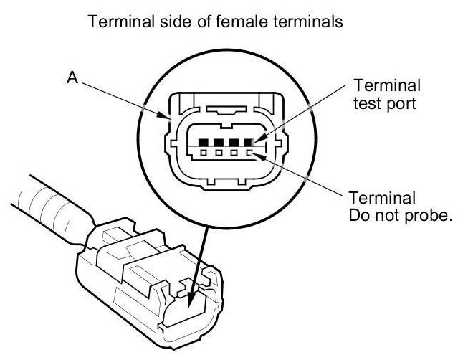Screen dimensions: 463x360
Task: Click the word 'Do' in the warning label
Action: (x=359, y=214)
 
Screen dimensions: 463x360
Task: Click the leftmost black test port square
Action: (x=204, y=142)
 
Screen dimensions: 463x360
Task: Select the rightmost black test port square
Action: (x=249, y=142)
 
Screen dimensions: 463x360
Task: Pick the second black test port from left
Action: (x=219, y=142)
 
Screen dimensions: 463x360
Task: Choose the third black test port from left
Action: (x=234, y=142)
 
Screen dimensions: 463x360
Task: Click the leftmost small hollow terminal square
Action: (x=204, y=152)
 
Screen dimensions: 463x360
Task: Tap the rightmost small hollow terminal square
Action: (x=249, y=152)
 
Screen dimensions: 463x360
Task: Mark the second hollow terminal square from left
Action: (x=219, y=152)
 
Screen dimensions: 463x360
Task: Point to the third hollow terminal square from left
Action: (x=234, y=152)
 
